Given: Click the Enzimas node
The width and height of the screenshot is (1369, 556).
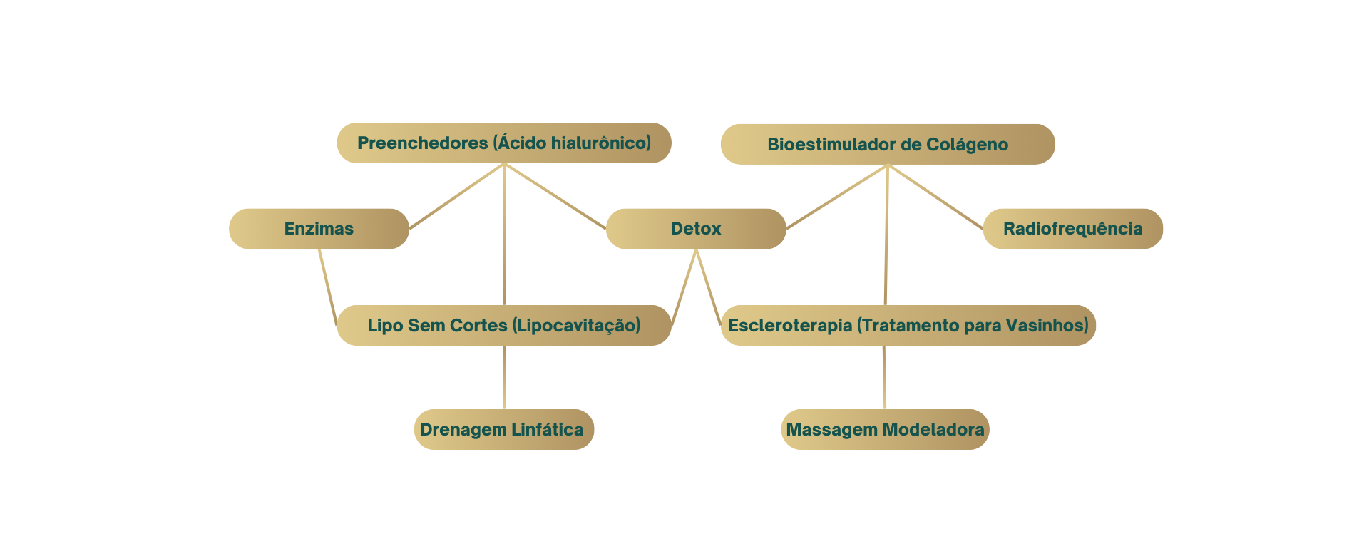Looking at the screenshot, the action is click(319, 229).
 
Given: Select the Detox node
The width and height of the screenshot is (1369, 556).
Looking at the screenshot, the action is click(696, 229).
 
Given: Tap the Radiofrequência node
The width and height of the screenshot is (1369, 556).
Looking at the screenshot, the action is click(1073, 229).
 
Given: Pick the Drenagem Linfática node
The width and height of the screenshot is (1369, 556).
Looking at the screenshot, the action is click(504, 429).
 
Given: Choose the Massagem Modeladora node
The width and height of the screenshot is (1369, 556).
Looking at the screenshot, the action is click(886, 429).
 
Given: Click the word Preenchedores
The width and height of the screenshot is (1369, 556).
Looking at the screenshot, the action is click(423, 143).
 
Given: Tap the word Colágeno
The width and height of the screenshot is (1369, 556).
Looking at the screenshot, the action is click(967, 145).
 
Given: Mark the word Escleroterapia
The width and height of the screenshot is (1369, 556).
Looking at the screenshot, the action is click(790, 326).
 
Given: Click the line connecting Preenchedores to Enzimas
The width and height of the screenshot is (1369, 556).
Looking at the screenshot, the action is click(457, 196).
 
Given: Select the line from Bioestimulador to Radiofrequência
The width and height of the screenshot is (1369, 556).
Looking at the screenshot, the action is click(935, 197).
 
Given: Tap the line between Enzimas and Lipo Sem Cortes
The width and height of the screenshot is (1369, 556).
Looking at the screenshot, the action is click(327, 287).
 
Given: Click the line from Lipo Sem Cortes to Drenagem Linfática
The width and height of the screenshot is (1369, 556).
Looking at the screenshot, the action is click(504, 377).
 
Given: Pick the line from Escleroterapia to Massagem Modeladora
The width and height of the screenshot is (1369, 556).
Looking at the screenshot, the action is click(884, 377).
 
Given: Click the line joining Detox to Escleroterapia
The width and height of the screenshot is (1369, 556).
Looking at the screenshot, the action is click(708, 287).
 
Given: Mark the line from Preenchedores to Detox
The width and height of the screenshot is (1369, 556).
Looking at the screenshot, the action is click(555, 196).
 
